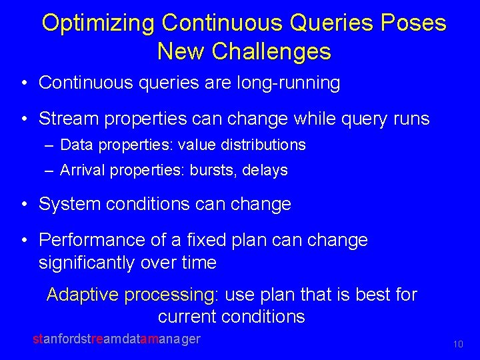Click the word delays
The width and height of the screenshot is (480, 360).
tap(265, 170)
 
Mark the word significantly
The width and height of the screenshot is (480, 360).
tap(87, 263)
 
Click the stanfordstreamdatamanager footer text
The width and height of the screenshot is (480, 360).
tap(117, 339)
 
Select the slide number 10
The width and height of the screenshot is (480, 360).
tap(457, 345)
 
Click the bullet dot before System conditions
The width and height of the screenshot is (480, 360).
tap(24, 205)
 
